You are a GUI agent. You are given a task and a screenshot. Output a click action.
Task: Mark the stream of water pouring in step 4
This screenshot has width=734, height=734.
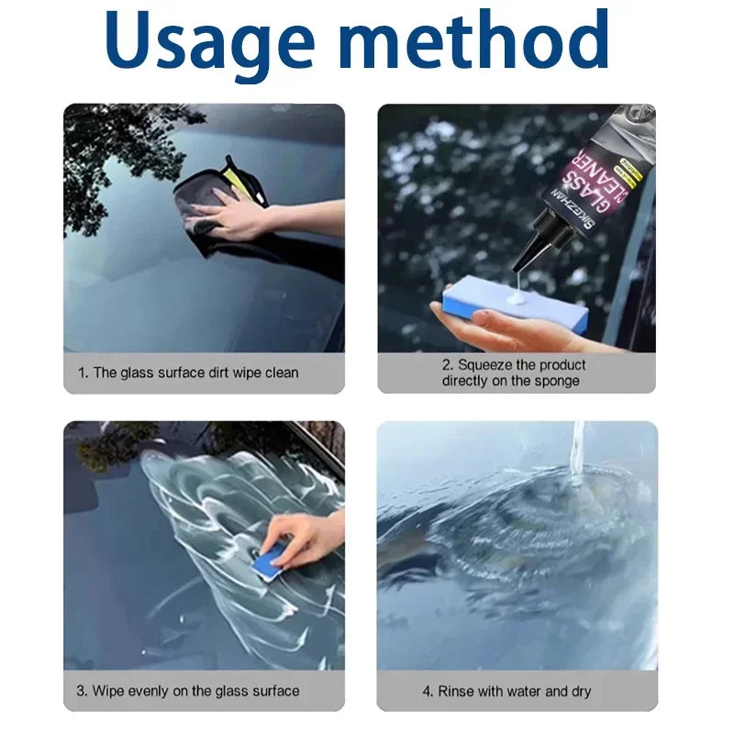577,450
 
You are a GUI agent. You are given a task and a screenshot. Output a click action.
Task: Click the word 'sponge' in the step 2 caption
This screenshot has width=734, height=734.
557,381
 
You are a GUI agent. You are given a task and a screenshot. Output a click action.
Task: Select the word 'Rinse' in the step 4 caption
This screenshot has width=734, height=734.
456,691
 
